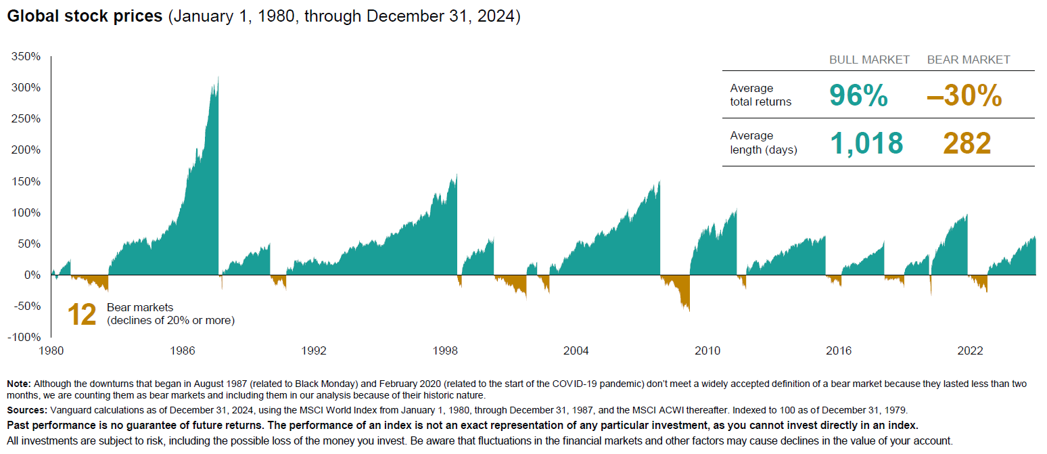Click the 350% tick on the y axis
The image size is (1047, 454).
(x=25, y=56)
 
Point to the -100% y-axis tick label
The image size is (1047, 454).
(x=24, y=337)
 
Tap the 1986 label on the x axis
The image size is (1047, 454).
(x=183, y=350)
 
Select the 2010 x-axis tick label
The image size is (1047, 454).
(x=707, y=350)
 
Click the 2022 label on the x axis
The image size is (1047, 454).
(x=970, y=350)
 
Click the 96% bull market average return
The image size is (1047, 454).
(x=858, y=96)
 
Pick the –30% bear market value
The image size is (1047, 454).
(x=964, y=96)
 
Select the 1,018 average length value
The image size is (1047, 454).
(x=866, y=143)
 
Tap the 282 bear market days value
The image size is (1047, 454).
(x=967, y=143)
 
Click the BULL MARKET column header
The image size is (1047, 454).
(x=869, y=60)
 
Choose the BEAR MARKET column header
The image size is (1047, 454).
(x=968, y=60)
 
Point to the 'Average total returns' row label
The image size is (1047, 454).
(x=760, y=95)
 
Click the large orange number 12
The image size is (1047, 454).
(x=82, y=315)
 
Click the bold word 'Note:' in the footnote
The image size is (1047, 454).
(x=18, y=384)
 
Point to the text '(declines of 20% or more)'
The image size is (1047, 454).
(x=170, y=320)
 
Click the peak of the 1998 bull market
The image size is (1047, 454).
(x=457, y=175)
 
